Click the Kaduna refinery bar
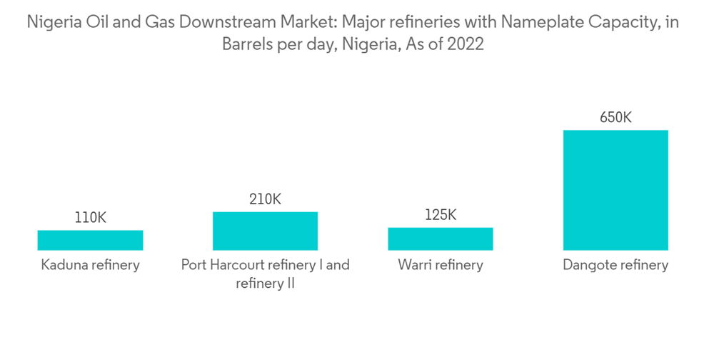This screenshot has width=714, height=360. pyautogui.click(x=90, y=240)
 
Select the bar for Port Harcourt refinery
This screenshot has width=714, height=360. pyautogui.click(x=265, y=231)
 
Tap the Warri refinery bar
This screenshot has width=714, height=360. pyautogui.click(x=440, y=239)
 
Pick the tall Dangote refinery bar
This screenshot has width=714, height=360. pyautogui.click(x=615, y=190)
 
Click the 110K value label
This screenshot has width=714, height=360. pyautogui.click(x=90, y=218)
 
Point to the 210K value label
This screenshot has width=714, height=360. pyautogui.click(x=265, y=199)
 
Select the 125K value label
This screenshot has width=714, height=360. pyautogui.click(x=440, y=215)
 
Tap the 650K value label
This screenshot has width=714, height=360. pyautogui.click(x=615, y=118)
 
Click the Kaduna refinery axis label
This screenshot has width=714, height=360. pyautogui.click(x=90, y=265)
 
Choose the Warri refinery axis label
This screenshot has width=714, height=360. pyautogui.click(x=440, y=265)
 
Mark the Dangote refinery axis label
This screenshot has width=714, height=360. pyautogui.click(x=615, y=265)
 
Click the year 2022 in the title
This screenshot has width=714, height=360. pyautogui.click(x=466, y=44)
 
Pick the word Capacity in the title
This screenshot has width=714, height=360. pyautogui.click(x=618, y=23)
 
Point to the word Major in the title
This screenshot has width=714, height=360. pyautogui.click(x=346, y=23)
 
